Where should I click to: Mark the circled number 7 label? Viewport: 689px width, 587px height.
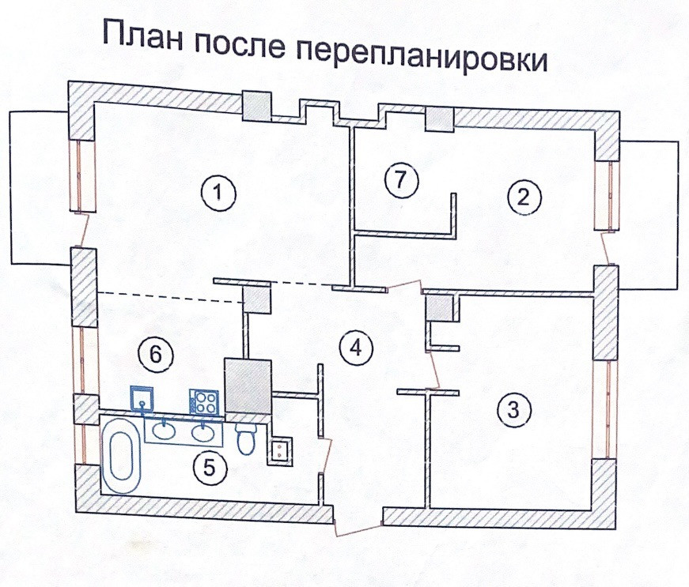coord(400,181)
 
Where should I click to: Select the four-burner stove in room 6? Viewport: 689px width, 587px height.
coord(203,402)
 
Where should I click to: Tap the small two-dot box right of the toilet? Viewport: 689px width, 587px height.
coord(278,450)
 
